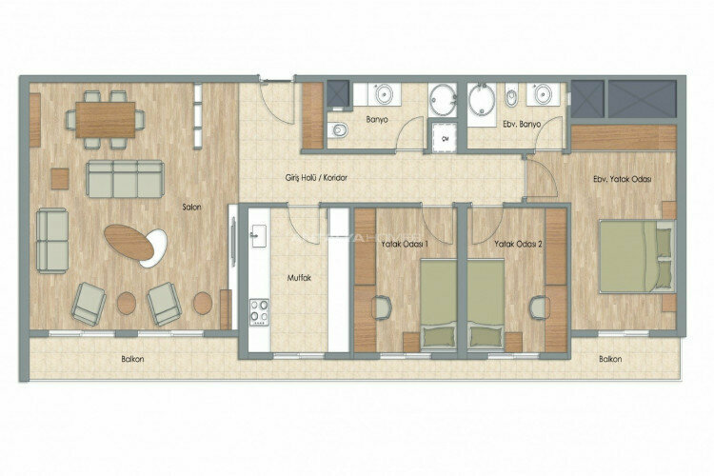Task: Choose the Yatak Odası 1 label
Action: pos(405,244)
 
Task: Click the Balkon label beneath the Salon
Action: pos(133,359)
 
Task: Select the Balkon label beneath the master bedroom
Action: pos(610,359)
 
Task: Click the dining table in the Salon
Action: pos(106,118)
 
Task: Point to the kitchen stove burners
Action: pos(259,310)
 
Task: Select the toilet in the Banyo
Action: pos(338,130)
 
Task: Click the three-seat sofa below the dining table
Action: pos(125,178)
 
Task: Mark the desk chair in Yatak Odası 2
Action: pos(540,307)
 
